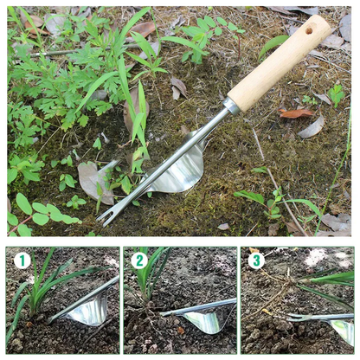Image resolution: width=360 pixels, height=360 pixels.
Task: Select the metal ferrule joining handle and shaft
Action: tap(232, 107)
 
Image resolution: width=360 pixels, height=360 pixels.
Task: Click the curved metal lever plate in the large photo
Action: tap(177, 172)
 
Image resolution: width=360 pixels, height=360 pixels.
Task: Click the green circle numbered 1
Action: tap(22, 260)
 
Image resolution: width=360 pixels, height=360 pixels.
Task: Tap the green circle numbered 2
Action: tap(139, 260)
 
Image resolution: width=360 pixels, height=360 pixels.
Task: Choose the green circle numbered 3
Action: tap(255, 260)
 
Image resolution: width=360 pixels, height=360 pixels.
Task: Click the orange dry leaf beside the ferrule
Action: tap(297, 113)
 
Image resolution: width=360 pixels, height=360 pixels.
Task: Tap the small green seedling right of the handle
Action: tap(336, 93)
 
